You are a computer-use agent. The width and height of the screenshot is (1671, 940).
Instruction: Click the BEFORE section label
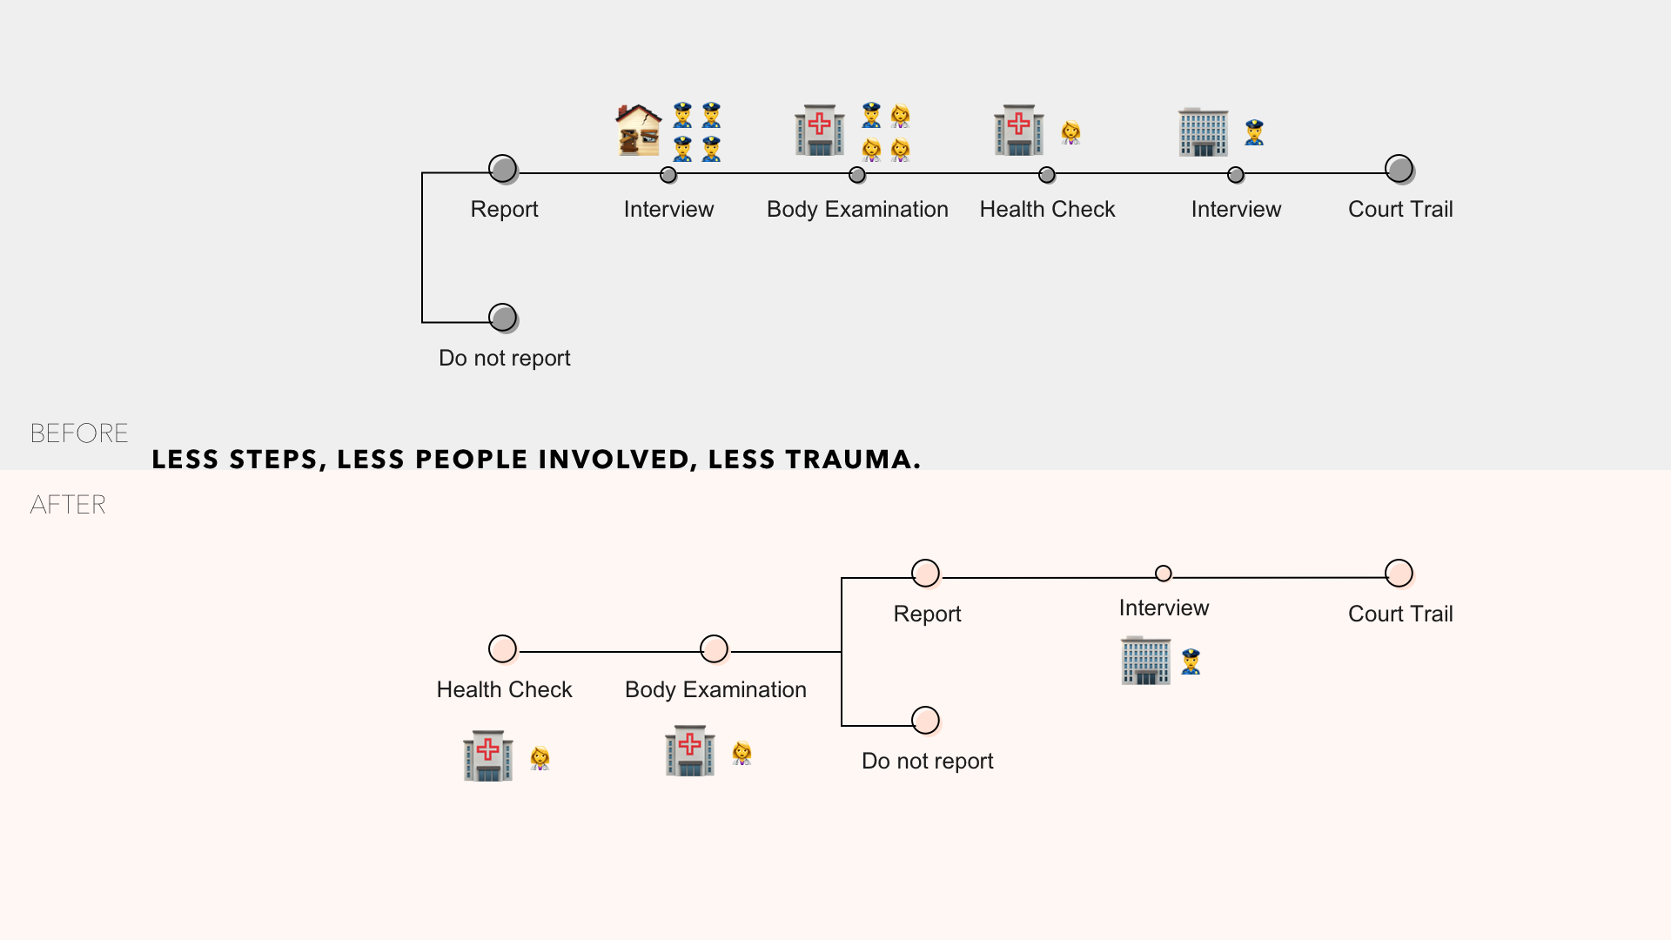coord(79,433)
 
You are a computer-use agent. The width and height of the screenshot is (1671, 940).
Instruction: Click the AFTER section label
coord(68,505)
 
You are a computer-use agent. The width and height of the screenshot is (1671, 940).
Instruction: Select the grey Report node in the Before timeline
coord(502,168)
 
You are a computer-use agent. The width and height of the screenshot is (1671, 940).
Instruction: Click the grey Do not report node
coord(502,318)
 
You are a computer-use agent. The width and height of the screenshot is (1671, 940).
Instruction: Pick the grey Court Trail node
coord(1399,168)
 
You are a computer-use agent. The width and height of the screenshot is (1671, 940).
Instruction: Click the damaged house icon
coord(639,131)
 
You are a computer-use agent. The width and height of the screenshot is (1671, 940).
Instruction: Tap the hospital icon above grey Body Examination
coord(820,131)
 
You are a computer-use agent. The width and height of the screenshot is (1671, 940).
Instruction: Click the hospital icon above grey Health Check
coord(1019,131)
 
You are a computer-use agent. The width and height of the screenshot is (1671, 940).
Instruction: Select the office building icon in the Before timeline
coord(1204,132)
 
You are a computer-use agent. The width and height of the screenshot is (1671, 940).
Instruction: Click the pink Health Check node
coord(502,648)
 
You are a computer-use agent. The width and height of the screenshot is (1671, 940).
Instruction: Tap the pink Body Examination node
coord(714,648)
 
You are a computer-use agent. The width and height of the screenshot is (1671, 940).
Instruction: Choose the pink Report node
coord(925,573)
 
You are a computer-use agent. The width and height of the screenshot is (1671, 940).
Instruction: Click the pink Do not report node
coord(925,720)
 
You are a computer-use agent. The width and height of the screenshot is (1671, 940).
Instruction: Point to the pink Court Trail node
coord(1399,573)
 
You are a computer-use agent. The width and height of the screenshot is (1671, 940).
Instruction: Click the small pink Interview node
coord(1164,574)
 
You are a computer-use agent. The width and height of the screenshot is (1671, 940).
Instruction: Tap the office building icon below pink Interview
coord(1146,661)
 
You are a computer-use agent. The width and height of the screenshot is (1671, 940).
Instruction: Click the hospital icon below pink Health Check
coord(488,755)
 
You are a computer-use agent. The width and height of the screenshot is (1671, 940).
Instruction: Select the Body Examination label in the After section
coord(715,689)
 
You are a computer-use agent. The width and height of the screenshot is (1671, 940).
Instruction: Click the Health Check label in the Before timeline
coord(1047,209)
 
